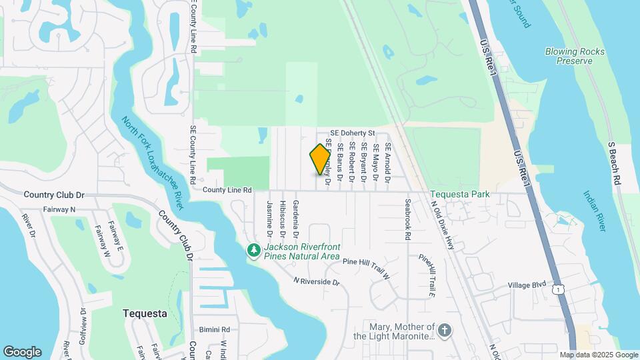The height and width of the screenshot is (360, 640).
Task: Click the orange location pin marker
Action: click(x=321, y=159)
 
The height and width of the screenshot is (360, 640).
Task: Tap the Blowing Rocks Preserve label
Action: click(x=575, y=56)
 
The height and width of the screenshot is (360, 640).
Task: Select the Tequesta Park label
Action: click(x=459, y=195)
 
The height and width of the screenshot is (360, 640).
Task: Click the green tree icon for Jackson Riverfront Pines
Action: click(x=253, y=251)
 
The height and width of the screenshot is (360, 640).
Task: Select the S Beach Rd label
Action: click(x=615, y=163)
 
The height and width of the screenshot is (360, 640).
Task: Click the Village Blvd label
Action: click(x=527, y=285)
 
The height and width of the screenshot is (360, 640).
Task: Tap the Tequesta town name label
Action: click(x=145, y=313)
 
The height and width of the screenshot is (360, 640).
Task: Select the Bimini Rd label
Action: click(x=214, y=329)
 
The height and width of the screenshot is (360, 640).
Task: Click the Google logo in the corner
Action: click(x=22, y=352)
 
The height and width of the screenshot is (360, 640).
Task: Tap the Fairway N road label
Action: click(x=59, y=209)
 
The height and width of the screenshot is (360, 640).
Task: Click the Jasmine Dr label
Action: click(x=269, y=219)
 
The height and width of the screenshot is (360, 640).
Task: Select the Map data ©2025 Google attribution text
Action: click(x=599, y=355)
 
